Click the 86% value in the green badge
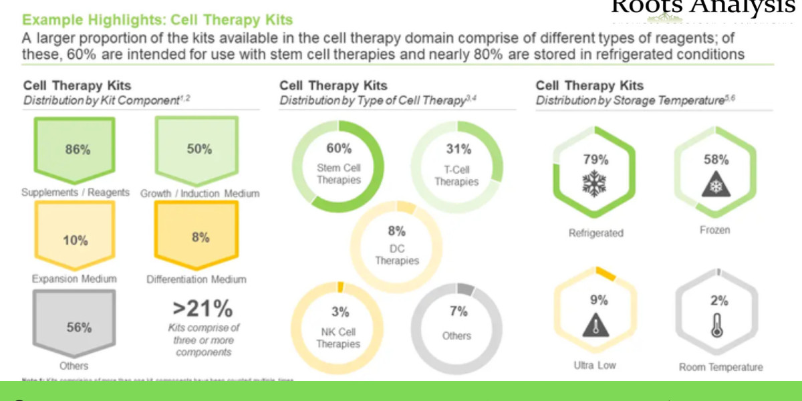tap(78, 150)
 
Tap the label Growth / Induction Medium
tap(200, 194)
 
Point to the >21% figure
tap(203, 309)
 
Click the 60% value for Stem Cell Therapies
tap(339, 148)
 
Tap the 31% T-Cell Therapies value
tap(458, 149)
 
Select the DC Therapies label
tap(397, 255)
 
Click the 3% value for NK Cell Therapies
tap(340, 311)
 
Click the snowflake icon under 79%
tap(595, 183)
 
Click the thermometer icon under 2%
tap(718, 325)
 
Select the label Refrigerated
tap(595, 233)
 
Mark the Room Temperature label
tap(720, 367)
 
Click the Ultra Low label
tap(595, 366)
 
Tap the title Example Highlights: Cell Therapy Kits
tap(156, 21)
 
